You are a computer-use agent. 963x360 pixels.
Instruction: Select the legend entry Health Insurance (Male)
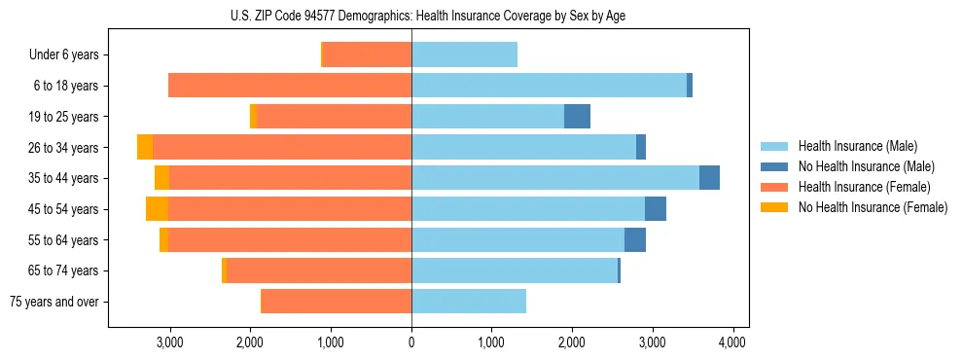point(856,146)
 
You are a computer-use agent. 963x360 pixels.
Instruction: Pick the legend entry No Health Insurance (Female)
point(873,207)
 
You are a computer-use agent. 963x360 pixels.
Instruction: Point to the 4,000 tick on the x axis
point(731,342)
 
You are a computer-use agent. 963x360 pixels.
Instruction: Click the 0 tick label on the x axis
point(411,342)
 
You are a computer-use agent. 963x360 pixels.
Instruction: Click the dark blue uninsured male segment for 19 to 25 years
point(577,117)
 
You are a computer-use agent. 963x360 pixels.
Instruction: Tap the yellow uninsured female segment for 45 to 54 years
point(157,209)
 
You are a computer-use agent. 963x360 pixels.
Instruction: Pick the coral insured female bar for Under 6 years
point(367,54)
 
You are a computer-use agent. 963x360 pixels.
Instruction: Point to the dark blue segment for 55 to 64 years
point(635,240)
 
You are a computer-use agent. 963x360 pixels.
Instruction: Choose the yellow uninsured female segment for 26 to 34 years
point(145,147)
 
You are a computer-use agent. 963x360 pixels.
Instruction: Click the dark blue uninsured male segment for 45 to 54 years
point(656,209)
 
